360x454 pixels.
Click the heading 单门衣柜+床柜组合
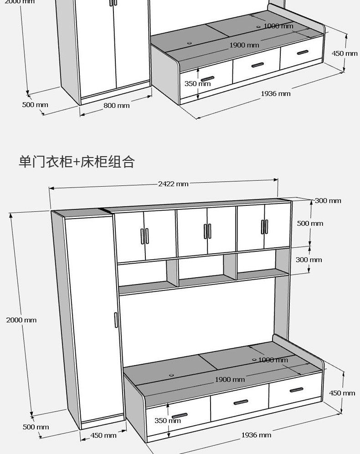77,162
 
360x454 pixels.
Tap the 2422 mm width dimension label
173,184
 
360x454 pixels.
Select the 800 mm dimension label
117,106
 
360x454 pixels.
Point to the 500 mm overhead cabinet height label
310,224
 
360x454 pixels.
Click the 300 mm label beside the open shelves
309,260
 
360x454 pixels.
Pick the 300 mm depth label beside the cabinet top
328,201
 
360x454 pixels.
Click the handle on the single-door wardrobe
116,320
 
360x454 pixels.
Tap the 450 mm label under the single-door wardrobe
103,435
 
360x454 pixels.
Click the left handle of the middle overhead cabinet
205,231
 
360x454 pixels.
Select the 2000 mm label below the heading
21,320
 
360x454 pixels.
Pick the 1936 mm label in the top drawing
275,94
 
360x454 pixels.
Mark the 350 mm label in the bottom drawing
167,421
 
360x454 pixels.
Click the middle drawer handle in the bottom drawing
241,402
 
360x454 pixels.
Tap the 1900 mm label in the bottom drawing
230,379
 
